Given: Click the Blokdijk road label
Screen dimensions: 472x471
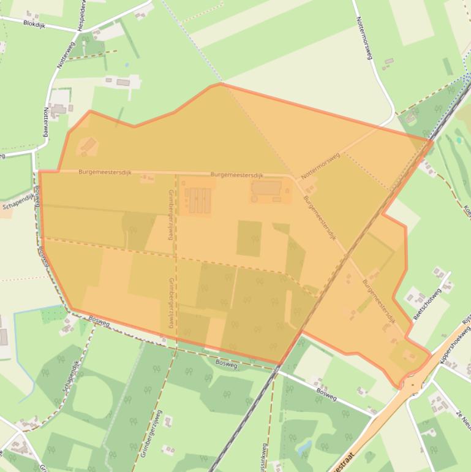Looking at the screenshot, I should pos(34,23).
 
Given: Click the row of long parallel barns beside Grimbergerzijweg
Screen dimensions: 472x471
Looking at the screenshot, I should pos(199,200).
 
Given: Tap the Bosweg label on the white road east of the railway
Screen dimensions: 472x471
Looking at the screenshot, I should pos(326,394).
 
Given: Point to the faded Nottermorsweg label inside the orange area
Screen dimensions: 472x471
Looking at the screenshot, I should pos(320,166).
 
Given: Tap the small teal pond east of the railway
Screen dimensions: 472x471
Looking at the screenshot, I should pos(458,140).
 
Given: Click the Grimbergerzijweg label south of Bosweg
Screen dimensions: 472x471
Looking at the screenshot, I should pos(151,433).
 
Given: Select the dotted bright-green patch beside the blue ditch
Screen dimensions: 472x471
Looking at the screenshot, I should pos(53,314).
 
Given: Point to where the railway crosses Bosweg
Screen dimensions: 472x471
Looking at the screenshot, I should pos(279,367).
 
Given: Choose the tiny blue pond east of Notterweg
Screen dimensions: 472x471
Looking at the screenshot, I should pos(127,64).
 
